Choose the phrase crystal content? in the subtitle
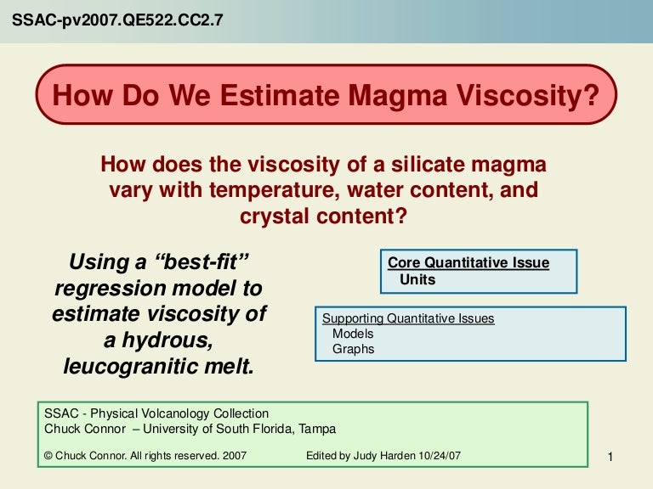(x=323, y=216)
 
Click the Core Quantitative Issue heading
(x=468, y=263)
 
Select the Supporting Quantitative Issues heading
(x=408, y=319)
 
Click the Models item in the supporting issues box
(x=352, y=334)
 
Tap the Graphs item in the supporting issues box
(x=353, y=349)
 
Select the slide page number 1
(x=610, y=458)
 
